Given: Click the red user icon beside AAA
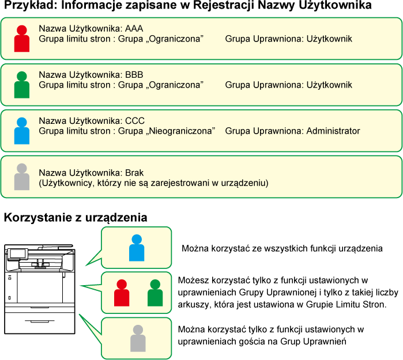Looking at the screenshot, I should click(22, 39).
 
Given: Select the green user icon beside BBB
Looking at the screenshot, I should click(22, 85).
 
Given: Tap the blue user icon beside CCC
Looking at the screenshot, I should click(22, 131).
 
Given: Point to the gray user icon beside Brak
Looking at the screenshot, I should click(22, 177).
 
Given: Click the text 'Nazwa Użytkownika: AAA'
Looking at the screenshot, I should click(91, 29).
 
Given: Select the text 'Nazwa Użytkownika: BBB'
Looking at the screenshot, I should click(91, 75).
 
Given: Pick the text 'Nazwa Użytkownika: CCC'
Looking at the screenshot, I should click(91, 121).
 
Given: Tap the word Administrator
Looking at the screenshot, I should click(333, 131).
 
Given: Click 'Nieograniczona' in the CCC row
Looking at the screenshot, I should click(180, 131).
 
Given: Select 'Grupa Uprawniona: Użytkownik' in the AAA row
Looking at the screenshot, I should click(288, 39).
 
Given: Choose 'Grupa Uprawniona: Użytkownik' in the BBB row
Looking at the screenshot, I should click(288, 85).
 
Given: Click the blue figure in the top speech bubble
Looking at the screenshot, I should click(137, 248).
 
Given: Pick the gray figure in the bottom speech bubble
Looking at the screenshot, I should click(138, 338).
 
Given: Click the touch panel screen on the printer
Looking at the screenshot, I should click(18, 253).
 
